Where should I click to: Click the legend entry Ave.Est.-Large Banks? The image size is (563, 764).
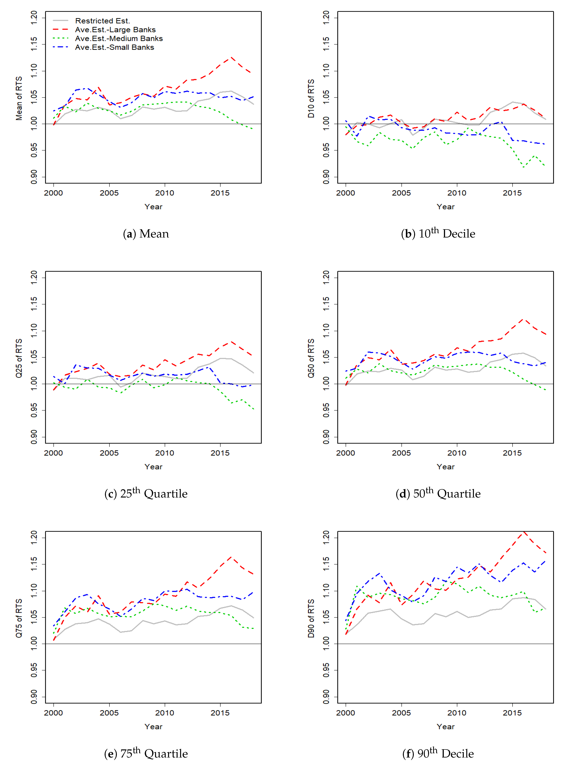click(x=115, y=30)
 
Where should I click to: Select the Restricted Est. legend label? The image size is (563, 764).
click(x=103, y=21)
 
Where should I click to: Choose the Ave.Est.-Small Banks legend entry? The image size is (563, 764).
click(x=114, y=47)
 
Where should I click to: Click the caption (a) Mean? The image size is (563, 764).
click(x=146, y=234)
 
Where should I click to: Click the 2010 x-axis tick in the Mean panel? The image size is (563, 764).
click(x=165, y=193)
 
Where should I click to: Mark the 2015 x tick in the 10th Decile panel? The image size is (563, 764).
click(x=512, y=193)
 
